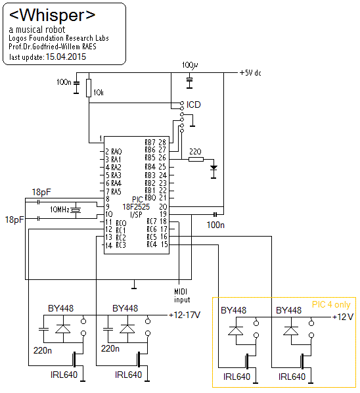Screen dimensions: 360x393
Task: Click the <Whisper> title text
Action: (x=52, y=15)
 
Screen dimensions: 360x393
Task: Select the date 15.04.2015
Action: (x=66, y=57)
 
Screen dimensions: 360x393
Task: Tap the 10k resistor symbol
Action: (x=89, y=88)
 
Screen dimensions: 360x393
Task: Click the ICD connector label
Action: (x=193, y=104)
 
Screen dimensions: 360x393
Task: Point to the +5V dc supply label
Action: (x=250, y=73)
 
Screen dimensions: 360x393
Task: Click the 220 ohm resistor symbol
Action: (x=196, y=159)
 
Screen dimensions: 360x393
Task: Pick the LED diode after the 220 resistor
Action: (x=214, y=168)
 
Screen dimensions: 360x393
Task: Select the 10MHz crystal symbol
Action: (x=76, y=210)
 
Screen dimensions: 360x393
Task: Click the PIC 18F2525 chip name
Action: (x=136, y=207)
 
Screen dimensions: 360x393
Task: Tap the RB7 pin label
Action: (x=150, y=143)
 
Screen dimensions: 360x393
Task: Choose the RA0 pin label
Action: (x=116, y=152)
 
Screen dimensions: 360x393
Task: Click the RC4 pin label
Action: (x=152, y=244)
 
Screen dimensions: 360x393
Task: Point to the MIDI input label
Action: (x=182, y=296)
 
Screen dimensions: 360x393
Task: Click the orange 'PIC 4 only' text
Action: (x=331, y=304)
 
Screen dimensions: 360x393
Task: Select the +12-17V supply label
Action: (x=185, y=315)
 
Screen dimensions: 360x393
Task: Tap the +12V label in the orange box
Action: (x=343, y=317)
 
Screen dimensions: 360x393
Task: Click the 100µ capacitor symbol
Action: (x=189, y=80)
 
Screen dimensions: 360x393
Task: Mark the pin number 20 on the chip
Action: (x=163, y=207)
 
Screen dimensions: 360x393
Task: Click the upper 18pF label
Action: (x=41, y=193)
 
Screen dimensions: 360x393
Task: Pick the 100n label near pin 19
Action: (x=215, y=225)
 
